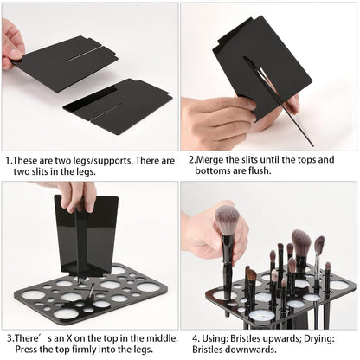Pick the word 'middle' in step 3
click(x=157, y=337)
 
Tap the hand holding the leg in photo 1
click(x=12, y=43)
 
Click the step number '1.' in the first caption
click(x=9, y=159)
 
